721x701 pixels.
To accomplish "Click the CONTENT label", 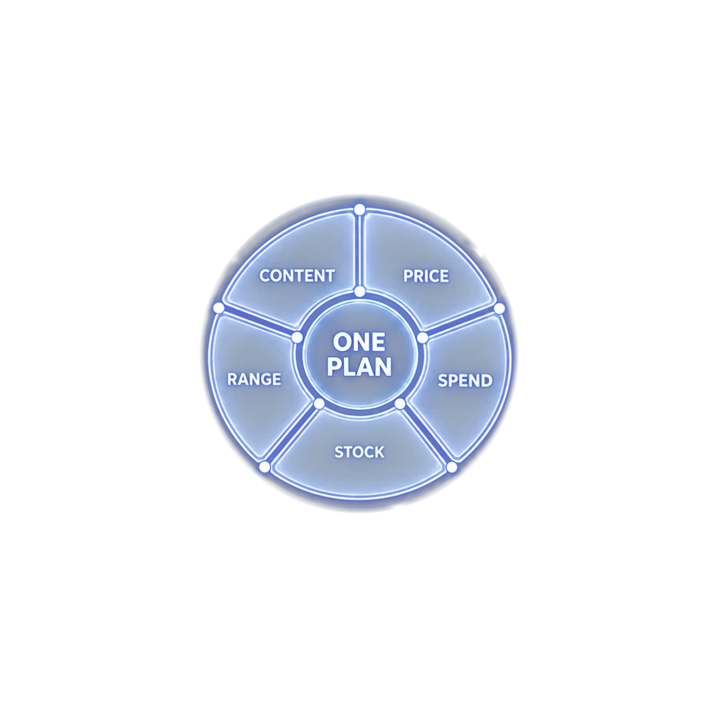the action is (x=297, y=276).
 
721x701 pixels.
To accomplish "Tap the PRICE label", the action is (x=426, y=276).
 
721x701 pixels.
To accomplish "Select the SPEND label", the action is (x=465, y=381).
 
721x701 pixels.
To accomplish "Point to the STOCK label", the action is (x=359, y=452).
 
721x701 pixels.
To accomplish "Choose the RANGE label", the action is (x=254, y=380).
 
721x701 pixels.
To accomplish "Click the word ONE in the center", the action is (x=359, y=342).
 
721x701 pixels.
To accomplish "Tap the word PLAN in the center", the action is (x=359, y=367).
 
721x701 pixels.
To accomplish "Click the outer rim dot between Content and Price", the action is (x=360, y=210).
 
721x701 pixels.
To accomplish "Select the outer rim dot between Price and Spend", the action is (x=499, y=308).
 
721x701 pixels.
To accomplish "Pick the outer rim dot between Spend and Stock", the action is (x=452, y=467).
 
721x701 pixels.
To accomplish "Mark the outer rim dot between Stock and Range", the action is (x=264, y=467).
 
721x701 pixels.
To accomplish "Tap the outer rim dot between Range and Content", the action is (x=219, y=308).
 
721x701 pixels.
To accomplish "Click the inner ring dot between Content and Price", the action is (x=360, y=291).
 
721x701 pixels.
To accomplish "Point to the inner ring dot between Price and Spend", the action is (x=422, y=338).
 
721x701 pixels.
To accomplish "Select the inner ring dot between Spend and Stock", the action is (x=400, y=404).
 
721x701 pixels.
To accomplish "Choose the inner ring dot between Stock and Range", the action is (x=318, y=404).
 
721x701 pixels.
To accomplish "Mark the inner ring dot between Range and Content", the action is (x=297, y=338).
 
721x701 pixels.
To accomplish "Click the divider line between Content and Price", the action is (x=360, y=251).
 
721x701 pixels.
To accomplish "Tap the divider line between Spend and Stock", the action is (x=426, y=435).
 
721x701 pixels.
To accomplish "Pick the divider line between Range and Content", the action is (x=259, y=323).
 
